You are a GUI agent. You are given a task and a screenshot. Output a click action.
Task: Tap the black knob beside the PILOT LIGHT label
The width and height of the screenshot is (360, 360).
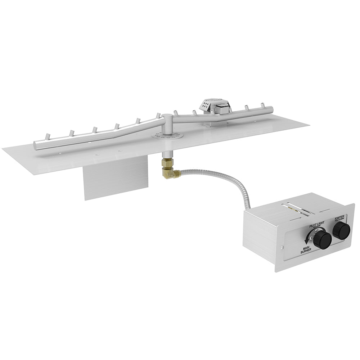point(322,239)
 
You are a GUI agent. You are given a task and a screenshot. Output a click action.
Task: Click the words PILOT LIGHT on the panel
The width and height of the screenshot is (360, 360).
point(316,224)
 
